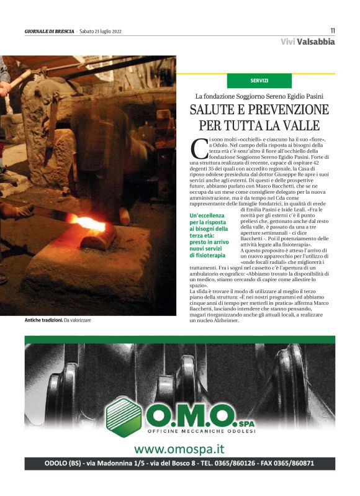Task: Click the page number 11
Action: (x=332, y=30)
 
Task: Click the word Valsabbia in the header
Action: (x=316, y=42)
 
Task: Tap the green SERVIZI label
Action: (x=259, y=81)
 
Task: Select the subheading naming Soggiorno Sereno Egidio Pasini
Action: (x=259, y=96)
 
